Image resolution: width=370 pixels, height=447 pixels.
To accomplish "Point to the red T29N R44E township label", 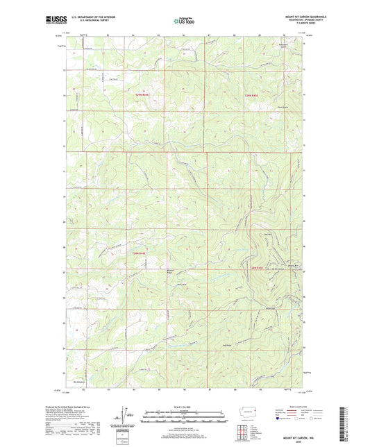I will click(140, 94).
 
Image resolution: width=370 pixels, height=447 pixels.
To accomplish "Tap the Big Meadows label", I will click(79, 381).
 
